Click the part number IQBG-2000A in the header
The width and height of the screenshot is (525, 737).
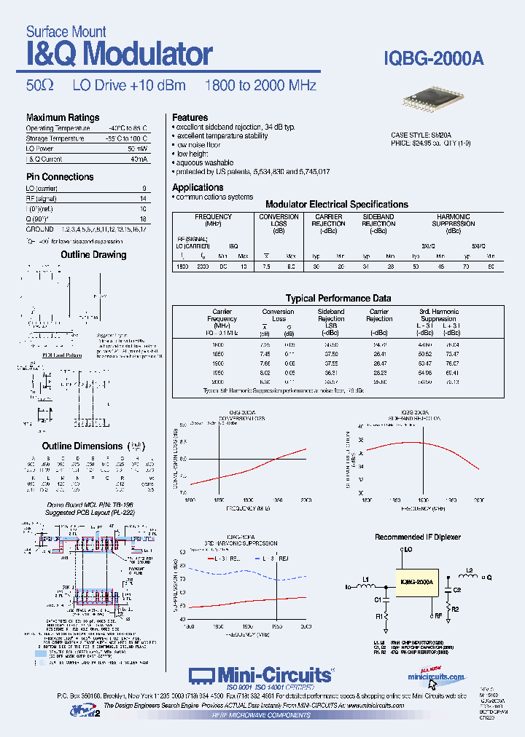pos(433,59)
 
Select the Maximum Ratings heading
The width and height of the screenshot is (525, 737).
pos(63,117)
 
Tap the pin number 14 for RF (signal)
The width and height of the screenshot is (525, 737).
pos(144,198)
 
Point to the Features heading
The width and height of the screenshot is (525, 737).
pos(190,117)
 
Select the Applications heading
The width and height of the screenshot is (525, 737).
pos(198,187)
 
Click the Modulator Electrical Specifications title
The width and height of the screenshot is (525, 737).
pos(336,205)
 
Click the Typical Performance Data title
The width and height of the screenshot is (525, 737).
pos(338,298)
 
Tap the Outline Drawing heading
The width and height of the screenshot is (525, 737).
pos(93,255)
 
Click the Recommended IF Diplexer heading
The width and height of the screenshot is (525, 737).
pos(418,537)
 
